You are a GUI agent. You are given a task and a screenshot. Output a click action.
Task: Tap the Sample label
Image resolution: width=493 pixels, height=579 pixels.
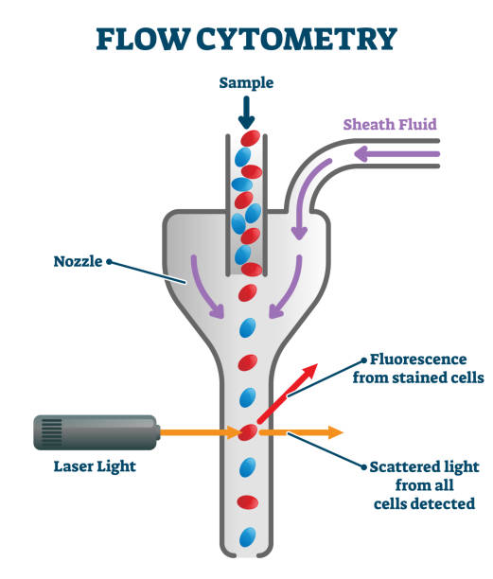[246, 83]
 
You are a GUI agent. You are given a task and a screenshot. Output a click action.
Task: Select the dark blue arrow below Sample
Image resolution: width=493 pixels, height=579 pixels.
[246, 113]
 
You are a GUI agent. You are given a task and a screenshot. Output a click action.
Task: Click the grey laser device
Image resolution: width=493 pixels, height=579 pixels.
[96, 432]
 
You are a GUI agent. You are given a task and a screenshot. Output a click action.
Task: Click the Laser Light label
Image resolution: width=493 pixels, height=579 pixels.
[95, 466]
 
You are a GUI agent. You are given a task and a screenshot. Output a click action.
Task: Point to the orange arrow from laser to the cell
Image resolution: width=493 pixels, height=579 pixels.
[199, 432]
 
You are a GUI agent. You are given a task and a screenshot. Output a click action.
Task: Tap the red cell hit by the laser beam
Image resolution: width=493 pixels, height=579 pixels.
[248, 432]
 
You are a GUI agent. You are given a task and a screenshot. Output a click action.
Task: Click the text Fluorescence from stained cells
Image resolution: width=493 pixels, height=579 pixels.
[417, 369]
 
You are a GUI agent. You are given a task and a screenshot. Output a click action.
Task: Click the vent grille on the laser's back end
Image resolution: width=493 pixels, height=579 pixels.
[51, 432]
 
